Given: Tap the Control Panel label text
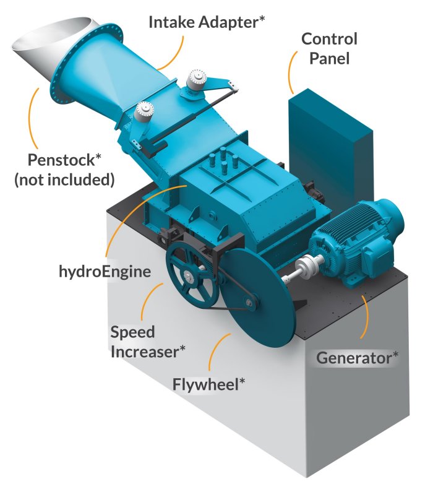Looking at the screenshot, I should [x=329, y=49].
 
